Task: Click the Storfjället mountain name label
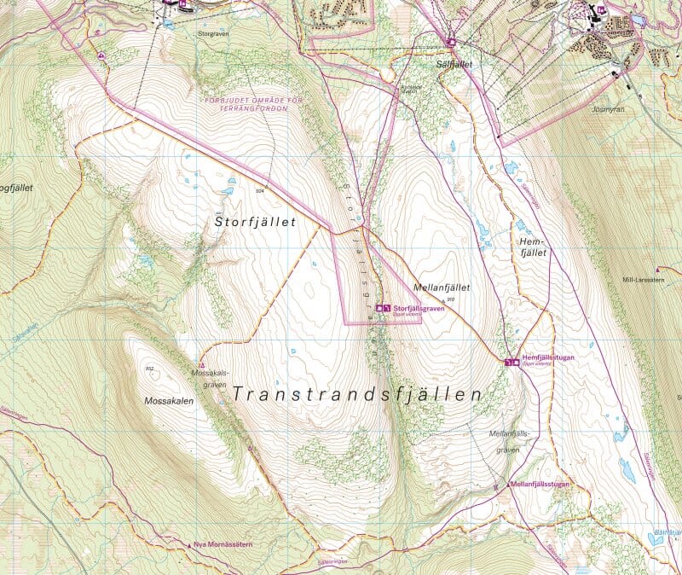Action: point(255,222)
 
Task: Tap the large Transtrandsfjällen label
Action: point(357,395)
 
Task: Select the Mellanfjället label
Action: point(441,287)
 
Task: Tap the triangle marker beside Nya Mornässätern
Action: point(188,543)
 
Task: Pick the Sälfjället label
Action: point(452,64)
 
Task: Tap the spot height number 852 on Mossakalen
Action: point(150,369)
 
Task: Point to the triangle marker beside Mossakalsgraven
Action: point(201,365)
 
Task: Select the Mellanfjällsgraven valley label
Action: point(510,441)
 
